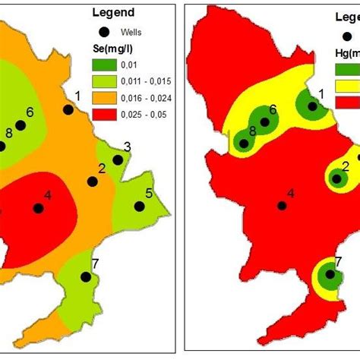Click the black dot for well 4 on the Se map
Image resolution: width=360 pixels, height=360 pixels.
coord(37,208)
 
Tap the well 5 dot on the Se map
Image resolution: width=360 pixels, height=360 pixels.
coord(139,206)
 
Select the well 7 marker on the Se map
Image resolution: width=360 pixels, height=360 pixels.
coord(86,278)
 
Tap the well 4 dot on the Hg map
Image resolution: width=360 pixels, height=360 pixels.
coord(282,206)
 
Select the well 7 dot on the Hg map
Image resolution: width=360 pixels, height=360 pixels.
coord(330,276)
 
